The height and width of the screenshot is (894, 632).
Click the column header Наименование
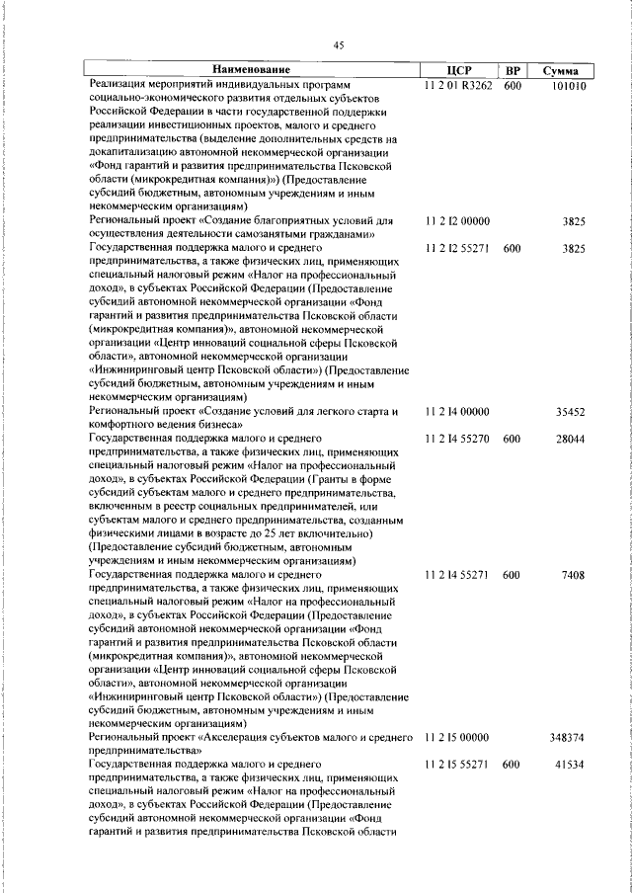coord(252,70)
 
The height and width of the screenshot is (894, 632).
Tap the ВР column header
coord(512,70)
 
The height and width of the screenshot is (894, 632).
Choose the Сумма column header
coord(560,71)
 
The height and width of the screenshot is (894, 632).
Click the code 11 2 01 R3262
coord(456,86)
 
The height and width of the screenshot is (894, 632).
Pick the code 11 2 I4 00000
coord(456,411)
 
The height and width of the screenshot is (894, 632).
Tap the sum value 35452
coord(572,411)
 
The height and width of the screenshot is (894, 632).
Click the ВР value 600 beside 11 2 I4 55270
coord(512,437)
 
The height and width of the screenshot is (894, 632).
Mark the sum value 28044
coord(572,437)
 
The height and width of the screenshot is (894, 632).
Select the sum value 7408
coord(575,574)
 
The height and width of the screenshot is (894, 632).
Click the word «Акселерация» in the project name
coord(246,737)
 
